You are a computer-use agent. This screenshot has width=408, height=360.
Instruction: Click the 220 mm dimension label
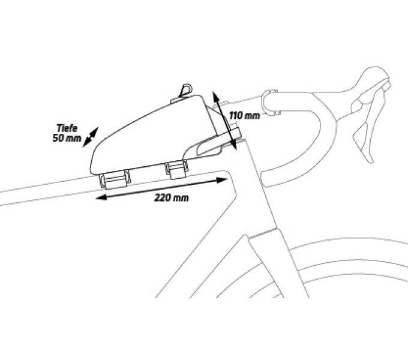point(171,198)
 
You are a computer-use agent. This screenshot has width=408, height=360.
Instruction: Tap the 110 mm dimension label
point(244,115)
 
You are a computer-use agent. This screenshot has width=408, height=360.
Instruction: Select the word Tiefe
point(67,128)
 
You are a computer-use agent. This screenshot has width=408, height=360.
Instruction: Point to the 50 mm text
point(67,138)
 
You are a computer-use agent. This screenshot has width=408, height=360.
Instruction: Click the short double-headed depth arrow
point(90,137)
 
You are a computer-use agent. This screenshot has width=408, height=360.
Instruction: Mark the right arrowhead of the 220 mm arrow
point(221,180)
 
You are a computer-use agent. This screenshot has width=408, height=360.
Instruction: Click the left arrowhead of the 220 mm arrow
point(101,197)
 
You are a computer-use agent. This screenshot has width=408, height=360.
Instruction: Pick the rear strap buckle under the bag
point(115,179)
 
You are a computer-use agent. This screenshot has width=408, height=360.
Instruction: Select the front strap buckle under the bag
point(177,169)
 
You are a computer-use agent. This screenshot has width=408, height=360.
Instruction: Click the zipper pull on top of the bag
point(186,90)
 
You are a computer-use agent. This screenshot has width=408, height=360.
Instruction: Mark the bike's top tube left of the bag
point(47,191)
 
